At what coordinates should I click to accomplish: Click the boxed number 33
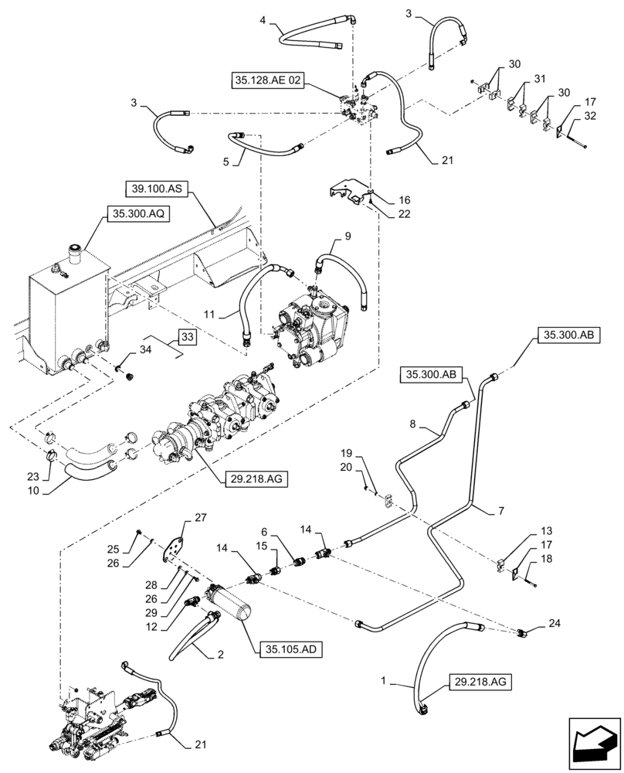click(188, 337)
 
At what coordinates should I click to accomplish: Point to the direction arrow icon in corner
click(595, 745)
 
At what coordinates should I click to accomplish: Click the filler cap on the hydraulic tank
click(76, 252)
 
